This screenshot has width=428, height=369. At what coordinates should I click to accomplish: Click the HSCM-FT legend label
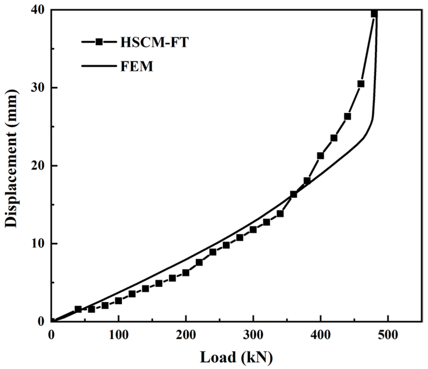[x=154, y=42]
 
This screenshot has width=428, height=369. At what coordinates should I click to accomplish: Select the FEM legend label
[x=137, y=66]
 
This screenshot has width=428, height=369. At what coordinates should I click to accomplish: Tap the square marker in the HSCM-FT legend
[x=99, y=42]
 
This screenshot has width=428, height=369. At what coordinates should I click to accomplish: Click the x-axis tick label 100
[x=118, y=335]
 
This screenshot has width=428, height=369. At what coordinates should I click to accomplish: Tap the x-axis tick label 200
[x=186, y=335]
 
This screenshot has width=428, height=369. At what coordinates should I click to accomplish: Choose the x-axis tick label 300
[x=253, y=335]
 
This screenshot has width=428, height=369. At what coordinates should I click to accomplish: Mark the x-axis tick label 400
[x=321, y=335]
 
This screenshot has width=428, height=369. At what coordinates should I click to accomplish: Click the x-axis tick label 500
[x=388, y=335]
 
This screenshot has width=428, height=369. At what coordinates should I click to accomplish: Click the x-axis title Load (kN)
[x=236, y=357]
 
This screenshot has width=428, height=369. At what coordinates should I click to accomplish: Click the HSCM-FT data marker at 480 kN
[x=374, y=14]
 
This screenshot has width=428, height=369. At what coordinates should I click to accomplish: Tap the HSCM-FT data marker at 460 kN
[x=361, y=84]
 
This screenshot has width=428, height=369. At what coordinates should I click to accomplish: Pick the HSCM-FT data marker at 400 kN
[x=321, y=156]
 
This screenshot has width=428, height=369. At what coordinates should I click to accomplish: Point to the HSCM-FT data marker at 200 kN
[x=186, y=273]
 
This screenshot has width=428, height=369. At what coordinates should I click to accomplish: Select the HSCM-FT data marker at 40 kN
[x=78, y=309]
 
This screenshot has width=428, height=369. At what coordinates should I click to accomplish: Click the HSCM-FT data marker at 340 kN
[x=280, y=214]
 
